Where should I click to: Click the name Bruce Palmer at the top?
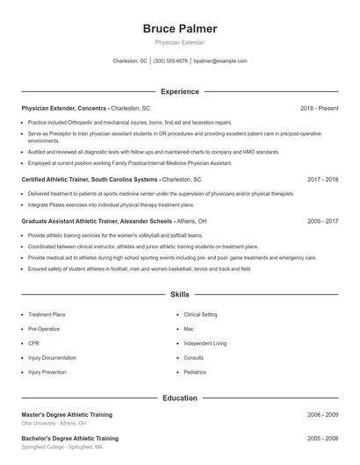[x=179, y=29]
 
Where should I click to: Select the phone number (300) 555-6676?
[x=170, y=61]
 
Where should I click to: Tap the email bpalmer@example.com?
[x=220, y=61]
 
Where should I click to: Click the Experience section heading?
[x=179, y=91]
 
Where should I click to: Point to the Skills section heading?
[x=179, y=296]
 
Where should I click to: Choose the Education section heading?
[x=179, y=397]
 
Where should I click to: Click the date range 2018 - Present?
[x=319, y=108]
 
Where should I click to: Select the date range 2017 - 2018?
[x=322, y=179]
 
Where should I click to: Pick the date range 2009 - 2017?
[x=322, y=222]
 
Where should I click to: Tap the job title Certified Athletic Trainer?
[x=55, y=179]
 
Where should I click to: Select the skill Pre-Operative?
[x=44, y=329]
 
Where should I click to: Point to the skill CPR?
[x=34, y=343]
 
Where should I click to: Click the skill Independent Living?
[x=205, y=343]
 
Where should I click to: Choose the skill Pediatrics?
[x=195, y=372]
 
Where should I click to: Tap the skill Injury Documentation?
[x=52, y=358]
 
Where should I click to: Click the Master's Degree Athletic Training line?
[x=67, y=414]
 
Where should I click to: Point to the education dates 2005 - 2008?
[x=322, y=437]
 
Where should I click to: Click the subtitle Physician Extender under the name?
[x=179, y=43]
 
